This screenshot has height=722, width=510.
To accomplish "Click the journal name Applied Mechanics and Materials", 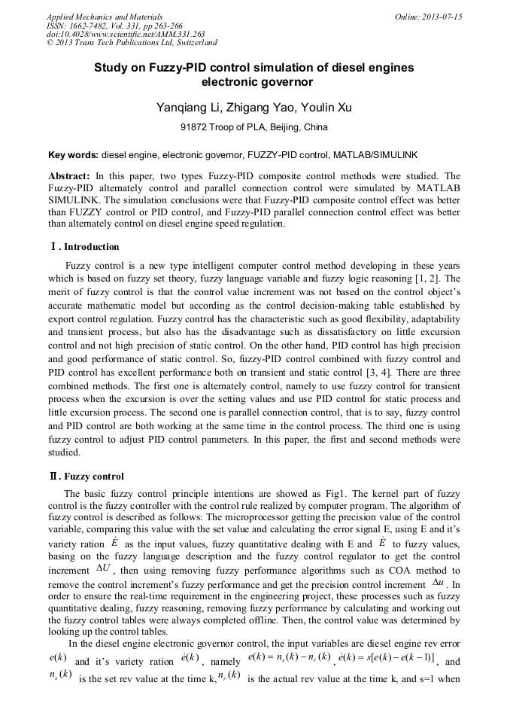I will click(105, 17).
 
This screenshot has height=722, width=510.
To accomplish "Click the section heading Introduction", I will click(91, 246).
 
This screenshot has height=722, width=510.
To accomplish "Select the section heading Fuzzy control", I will click(94, 477).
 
